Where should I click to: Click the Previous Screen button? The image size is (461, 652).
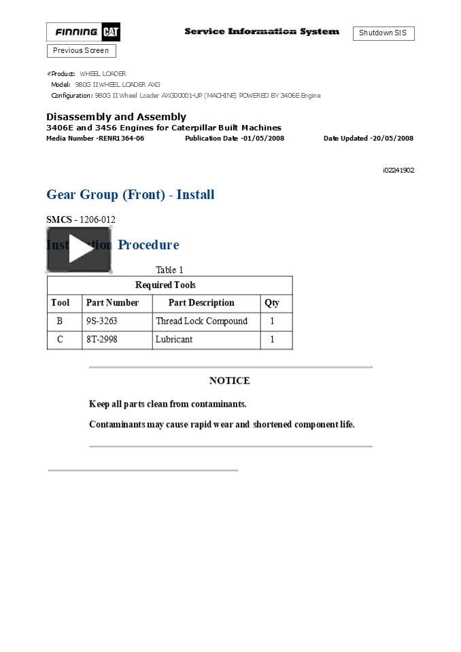click(x=81, y=51)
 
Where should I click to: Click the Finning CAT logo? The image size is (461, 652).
click(x=83, y=32)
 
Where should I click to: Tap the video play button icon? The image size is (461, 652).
click(x=79, y=250)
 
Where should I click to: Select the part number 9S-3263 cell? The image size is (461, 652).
click(x=102, y=321)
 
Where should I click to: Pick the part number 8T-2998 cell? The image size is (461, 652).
click(x=102, y=340)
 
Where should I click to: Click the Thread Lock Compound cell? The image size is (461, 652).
click(x=202, y=321)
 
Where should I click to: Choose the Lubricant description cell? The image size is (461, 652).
click(x=174, y=340)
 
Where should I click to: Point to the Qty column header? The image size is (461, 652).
click(x=272, y=303)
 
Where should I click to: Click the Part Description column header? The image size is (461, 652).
click(x=201, y=303)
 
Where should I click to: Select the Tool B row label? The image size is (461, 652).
click(x=60, y=321)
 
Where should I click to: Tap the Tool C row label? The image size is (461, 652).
click(x=60, y=340)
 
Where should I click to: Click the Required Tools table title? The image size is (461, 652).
click(x=165, y=285)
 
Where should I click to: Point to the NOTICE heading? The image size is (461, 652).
click(x=230, y=381)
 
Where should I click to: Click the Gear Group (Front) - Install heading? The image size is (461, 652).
click(x=131, y=195)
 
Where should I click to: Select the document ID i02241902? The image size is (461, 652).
click(x=398, y=170)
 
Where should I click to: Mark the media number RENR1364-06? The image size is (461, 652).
click(x=95, y=139)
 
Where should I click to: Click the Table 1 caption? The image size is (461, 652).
click(x=169, y=270)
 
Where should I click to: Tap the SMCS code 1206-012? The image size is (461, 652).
click(x=97, y=220)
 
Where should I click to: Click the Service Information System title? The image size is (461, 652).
click(x=262, y=32)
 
